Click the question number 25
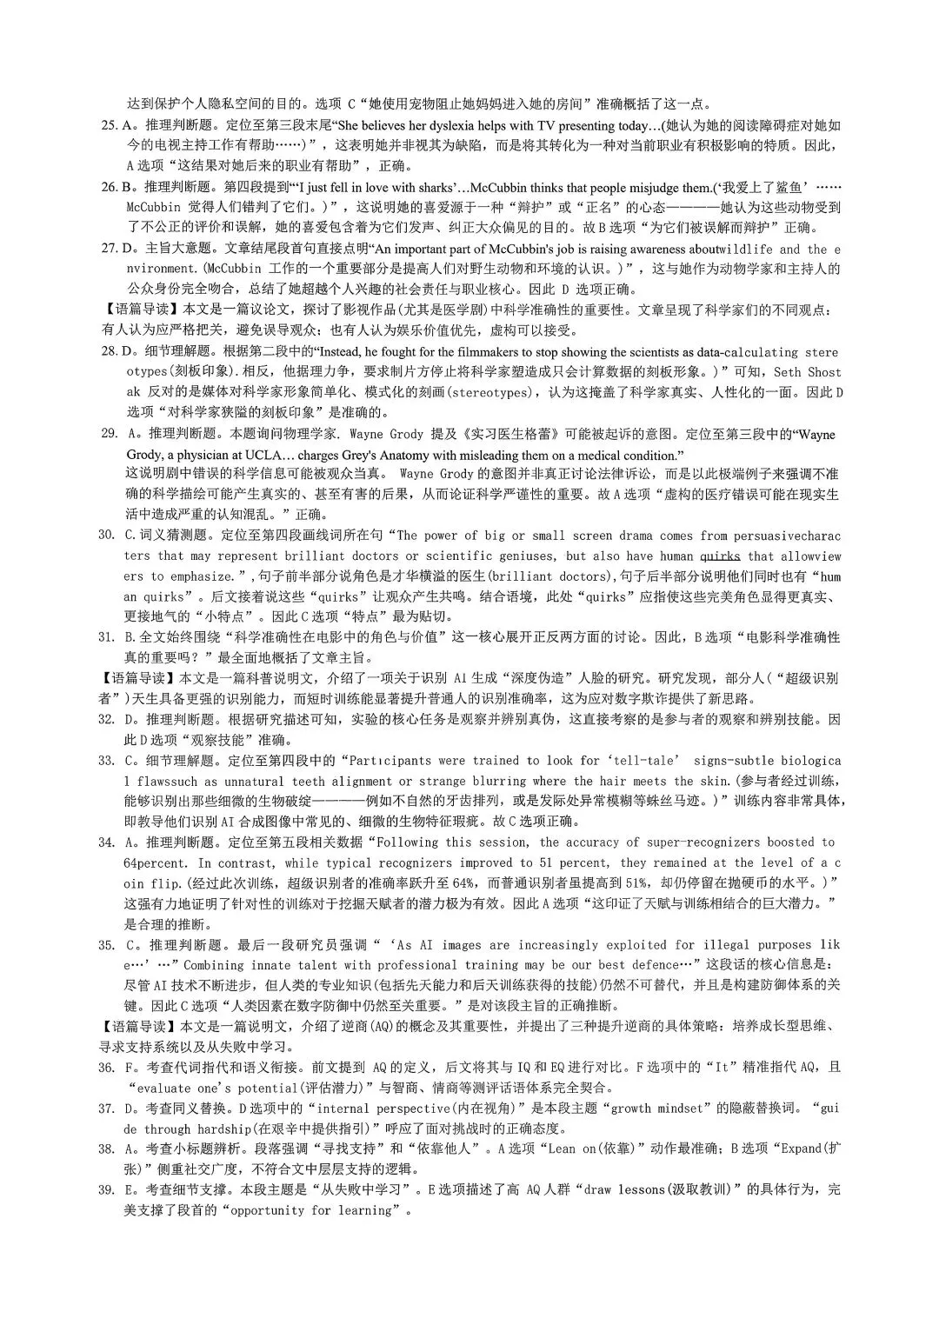tap(110, 125)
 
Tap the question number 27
tap(110, 250)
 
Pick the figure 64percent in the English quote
tap(155, 863)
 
